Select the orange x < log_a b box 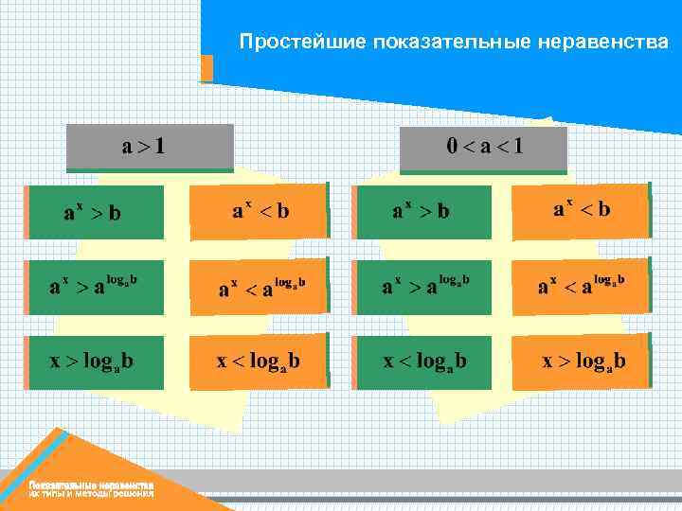(258, 361)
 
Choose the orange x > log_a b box (582, 361)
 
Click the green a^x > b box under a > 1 (95, 211)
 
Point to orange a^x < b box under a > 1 (258, 210)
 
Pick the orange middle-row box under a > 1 (258, 286)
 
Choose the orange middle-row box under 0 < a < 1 (582, 284)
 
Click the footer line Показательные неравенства (91, 485)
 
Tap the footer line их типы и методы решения (91, 494)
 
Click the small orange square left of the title (206, 68)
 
